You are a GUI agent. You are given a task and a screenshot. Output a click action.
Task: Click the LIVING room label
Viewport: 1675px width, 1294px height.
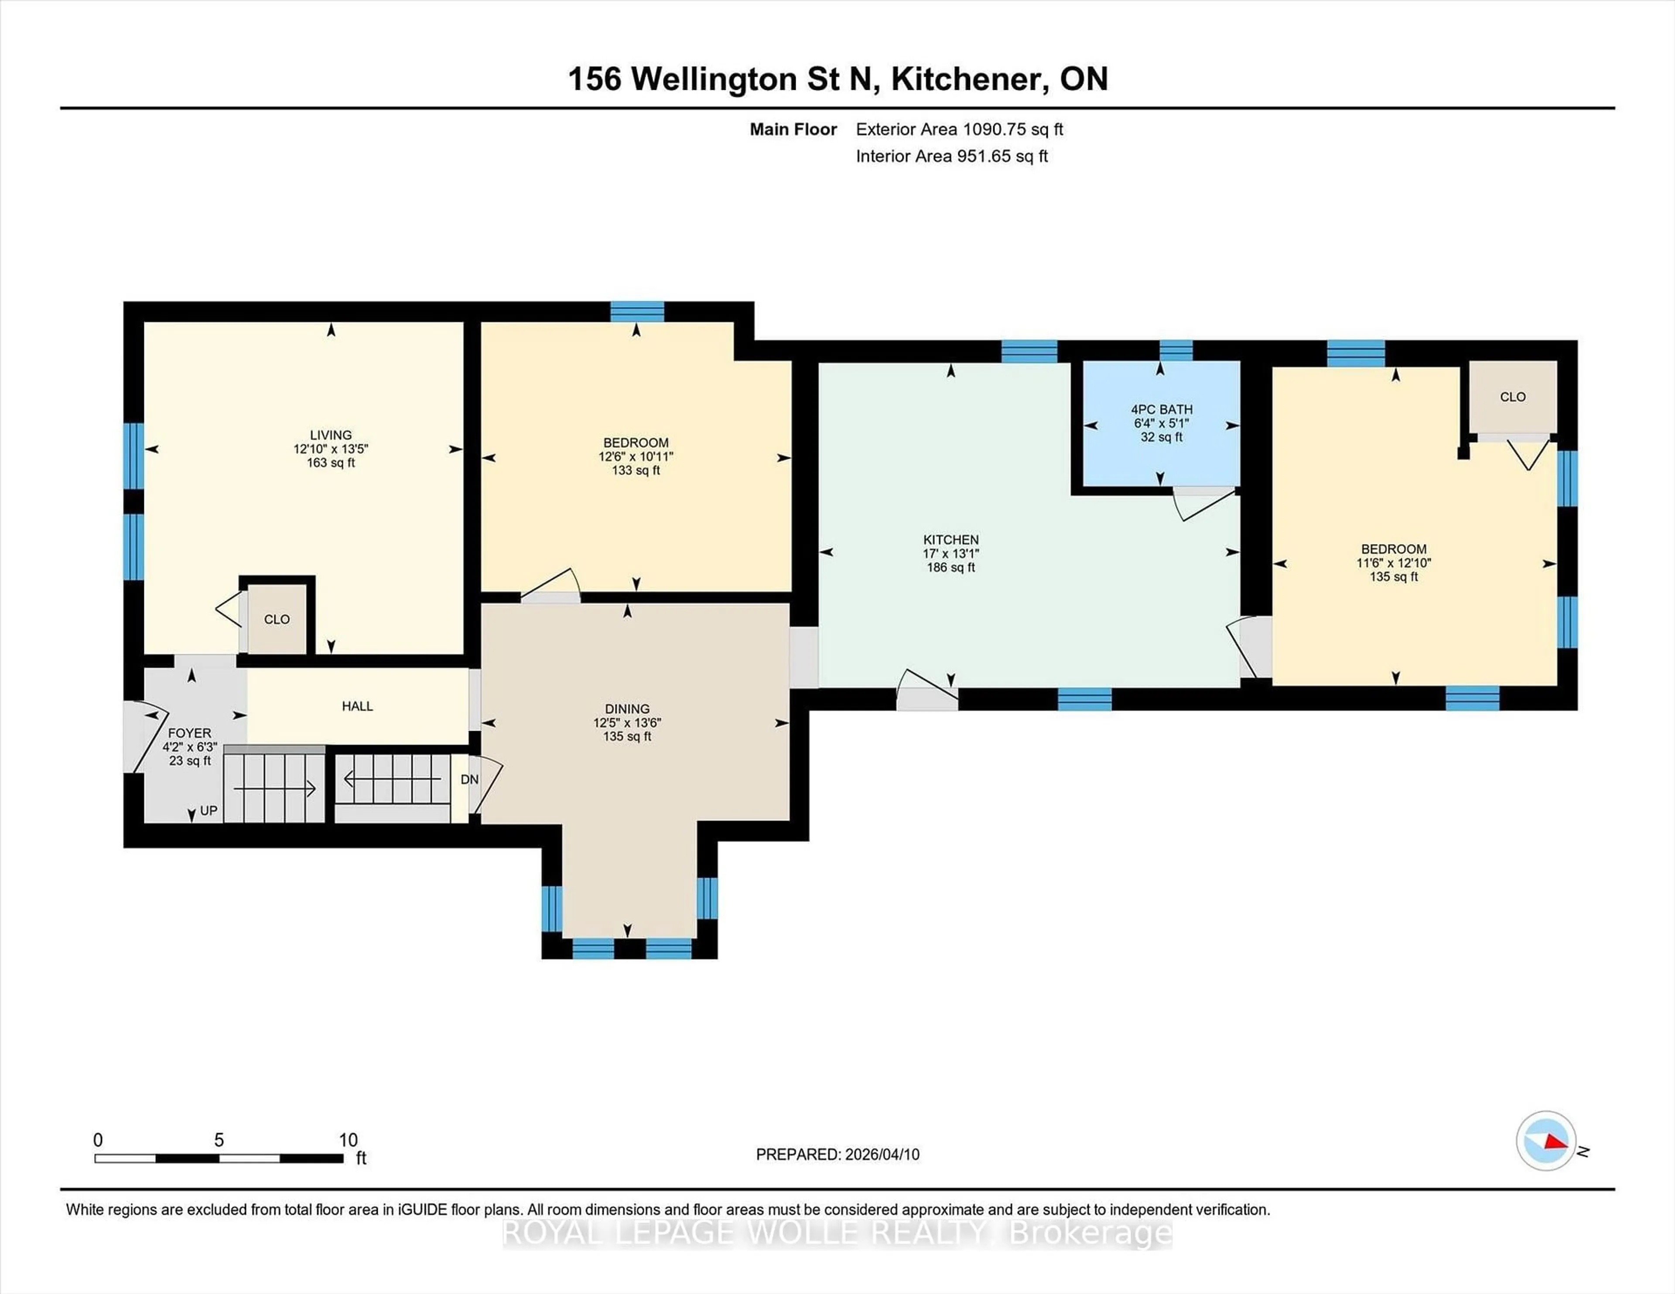(331, 435)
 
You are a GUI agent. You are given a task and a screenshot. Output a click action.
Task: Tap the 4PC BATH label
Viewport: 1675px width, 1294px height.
(1161, 409)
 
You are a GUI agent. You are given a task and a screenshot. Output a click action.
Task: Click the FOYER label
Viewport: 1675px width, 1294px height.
(189, 733)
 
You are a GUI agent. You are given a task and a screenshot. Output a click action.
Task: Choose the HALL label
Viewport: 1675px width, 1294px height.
(357, 706)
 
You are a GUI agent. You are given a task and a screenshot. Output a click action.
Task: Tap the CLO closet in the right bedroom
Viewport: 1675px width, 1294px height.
(1512, 397)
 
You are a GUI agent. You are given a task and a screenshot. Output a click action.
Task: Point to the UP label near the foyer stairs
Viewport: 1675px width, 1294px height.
(209, 811)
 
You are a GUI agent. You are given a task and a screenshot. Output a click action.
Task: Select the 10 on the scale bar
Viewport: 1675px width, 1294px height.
(348, 1140)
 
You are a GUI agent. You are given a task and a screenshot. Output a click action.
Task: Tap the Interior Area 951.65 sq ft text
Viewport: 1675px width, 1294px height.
(952, 157)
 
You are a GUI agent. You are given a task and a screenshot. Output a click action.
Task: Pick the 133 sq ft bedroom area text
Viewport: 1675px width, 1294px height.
(636, 470)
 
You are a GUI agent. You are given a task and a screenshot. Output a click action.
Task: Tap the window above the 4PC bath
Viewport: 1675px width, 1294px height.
(1176, 351)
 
